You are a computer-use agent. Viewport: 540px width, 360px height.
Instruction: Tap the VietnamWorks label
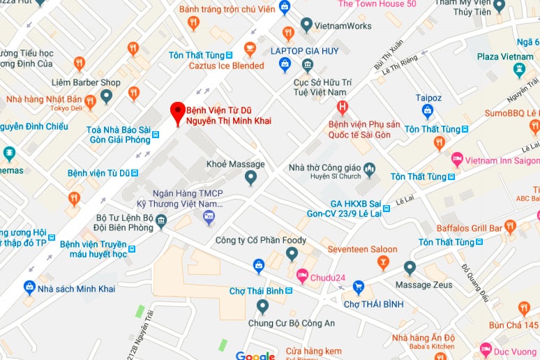tap(344, 25)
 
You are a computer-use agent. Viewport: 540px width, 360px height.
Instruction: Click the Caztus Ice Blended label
tap(227, 66)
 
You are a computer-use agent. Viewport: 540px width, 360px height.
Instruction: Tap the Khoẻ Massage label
tap(236, 165)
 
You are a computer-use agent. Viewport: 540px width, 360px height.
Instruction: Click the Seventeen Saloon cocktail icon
tap(382, 262)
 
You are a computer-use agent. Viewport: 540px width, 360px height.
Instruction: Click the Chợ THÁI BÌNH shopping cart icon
tap(359, 287)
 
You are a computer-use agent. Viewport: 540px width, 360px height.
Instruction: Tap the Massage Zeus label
tap(424, 285)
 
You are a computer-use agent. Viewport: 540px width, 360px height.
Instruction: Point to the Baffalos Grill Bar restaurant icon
tap(510, 227)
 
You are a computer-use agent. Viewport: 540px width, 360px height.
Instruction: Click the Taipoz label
tap(428, 98)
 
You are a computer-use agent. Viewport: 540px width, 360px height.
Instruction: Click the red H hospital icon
tap(342, 107)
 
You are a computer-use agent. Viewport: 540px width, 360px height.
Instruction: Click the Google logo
tap(255, 356)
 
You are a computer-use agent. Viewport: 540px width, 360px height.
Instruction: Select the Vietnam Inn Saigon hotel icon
tap(457, 160)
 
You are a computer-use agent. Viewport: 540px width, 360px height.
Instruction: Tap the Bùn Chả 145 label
tap(513, 325)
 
